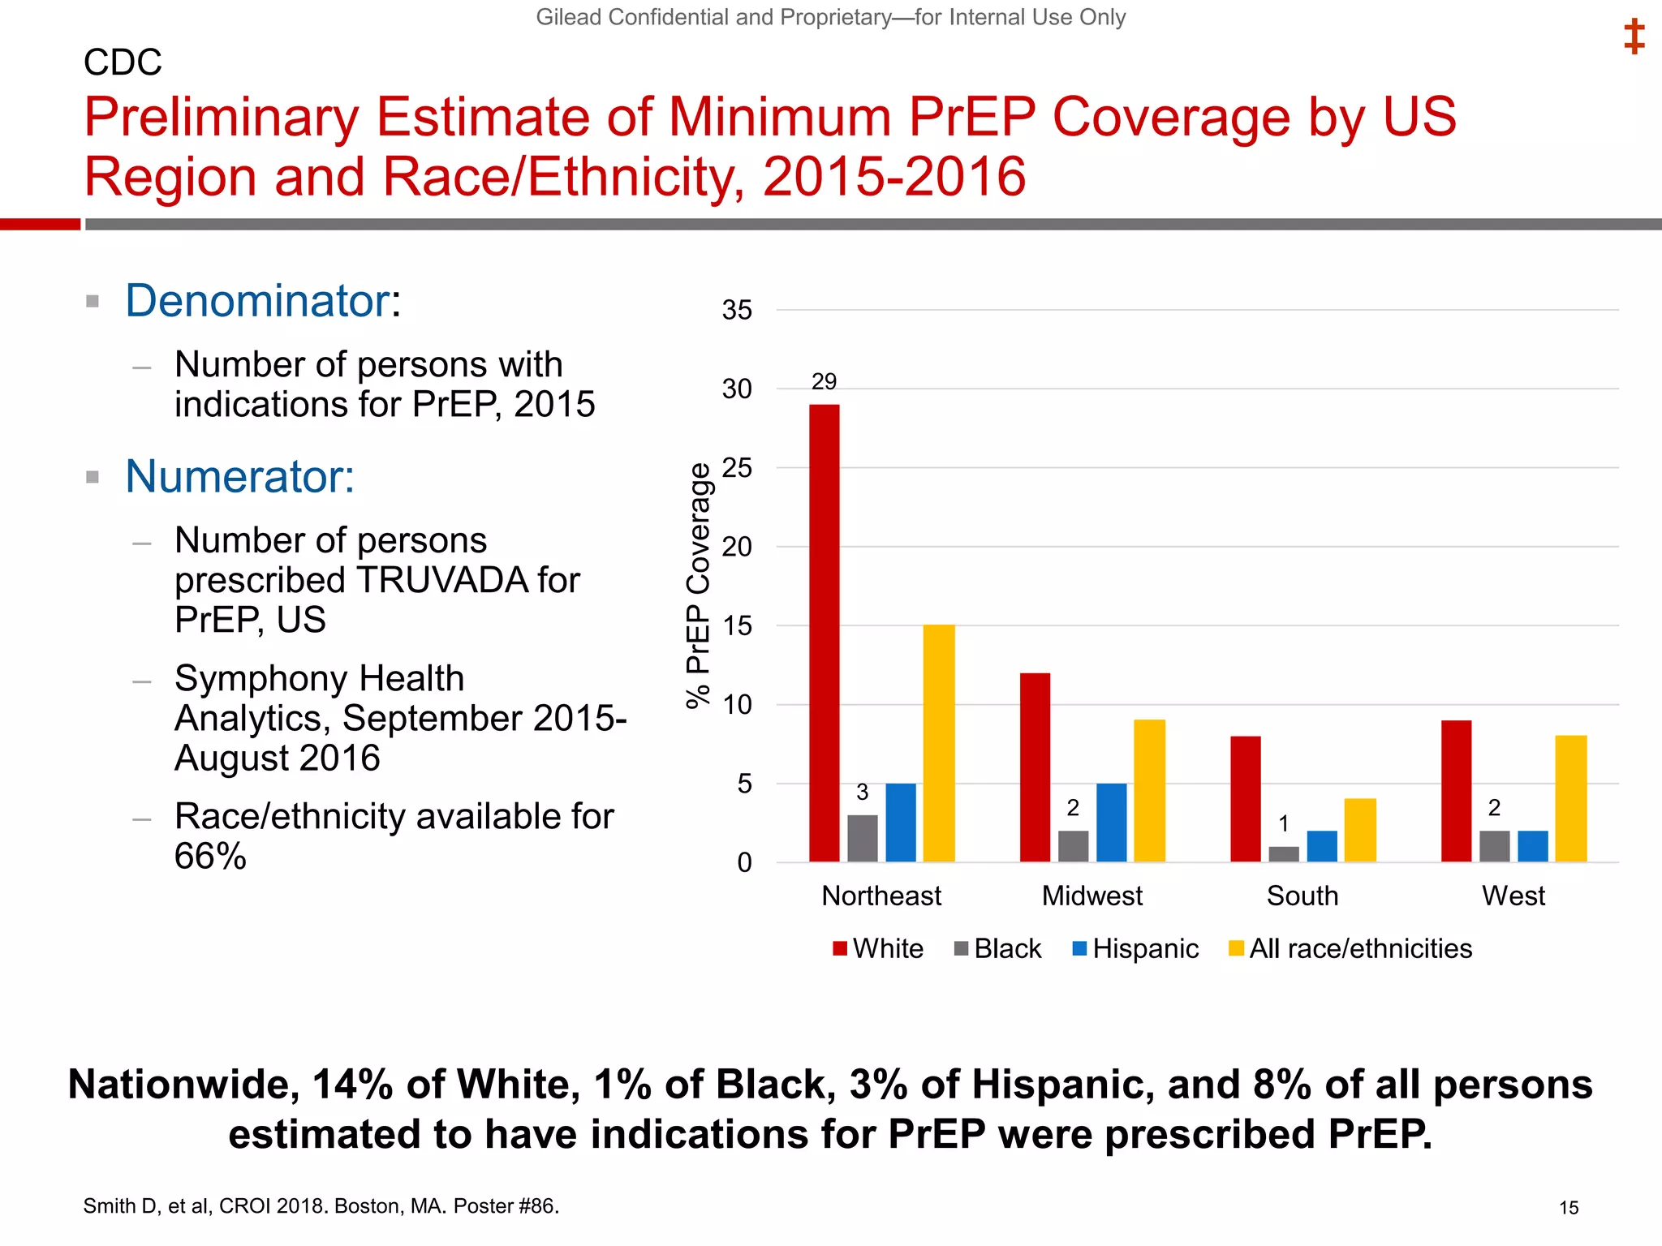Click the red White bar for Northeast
click(824, 633)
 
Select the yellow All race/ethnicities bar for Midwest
click(1149, 790)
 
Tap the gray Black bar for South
click(1284, 854)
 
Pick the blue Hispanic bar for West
click(1532, 846)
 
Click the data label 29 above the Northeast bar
click(824, 381)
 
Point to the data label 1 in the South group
click(1284, 824)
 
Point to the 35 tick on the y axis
click(737, 310)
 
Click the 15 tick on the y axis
click(737, 626)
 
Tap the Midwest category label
click(1091, 896)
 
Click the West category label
click(1513, 896)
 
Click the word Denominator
click(258, 301)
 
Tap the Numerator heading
click(239, 476)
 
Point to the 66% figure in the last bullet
click(210, 857)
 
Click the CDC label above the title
click(123, 62)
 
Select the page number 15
click(1568, 1208)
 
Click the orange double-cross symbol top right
click(1634, 37)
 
